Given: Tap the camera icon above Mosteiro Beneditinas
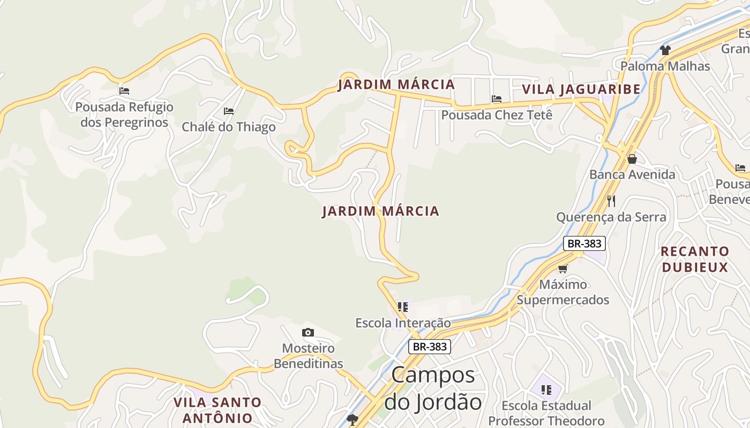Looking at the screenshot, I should click(x=308, y=333).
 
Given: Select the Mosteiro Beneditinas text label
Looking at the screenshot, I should click(x=308, y=356).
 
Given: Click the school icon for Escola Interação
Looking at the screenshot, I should click(x=403, y=307).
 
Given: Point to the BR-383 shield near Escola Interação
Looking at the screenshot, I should click(x=430, y=347).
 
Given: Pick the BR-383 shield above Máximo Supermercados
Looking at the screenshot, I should click(x=584, y=243).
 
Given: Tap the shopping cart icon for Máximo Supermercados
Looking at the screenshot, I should click(x=562, y=269).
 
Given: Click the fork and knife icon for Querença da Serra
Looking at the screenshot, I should click(x=611, y=201).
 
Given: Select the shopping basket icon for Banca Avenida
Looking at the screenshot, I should click(x=632, y=159).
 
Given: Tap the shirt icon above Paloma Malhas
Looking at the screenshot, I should click(x=665, y=50).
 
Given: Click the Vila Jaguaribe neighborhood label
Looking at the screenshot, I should click(x=581, y=89).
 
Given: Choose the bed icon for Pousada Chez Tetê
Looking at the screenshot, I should click(x=497, y=99).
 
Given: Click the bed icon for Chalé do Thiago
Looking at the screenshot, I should click(x=229, y=111).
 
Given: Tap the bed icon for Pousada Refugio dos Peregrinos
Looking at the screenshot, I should click(x=124, y=91).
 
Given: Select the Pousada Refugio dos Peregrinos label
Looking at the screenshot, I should click(x=124, y=114).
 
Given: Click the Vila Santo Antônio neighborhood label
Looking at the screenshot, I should click(x=217, y=410).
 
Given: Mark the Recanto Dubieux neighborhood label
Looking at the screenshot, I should click(x=695, y=259).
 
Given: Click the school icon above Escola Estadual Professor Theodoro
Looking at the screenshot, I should click(x=546, y=389).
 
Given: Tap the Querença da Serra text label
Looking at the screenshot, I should click(x=611, y=217).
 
